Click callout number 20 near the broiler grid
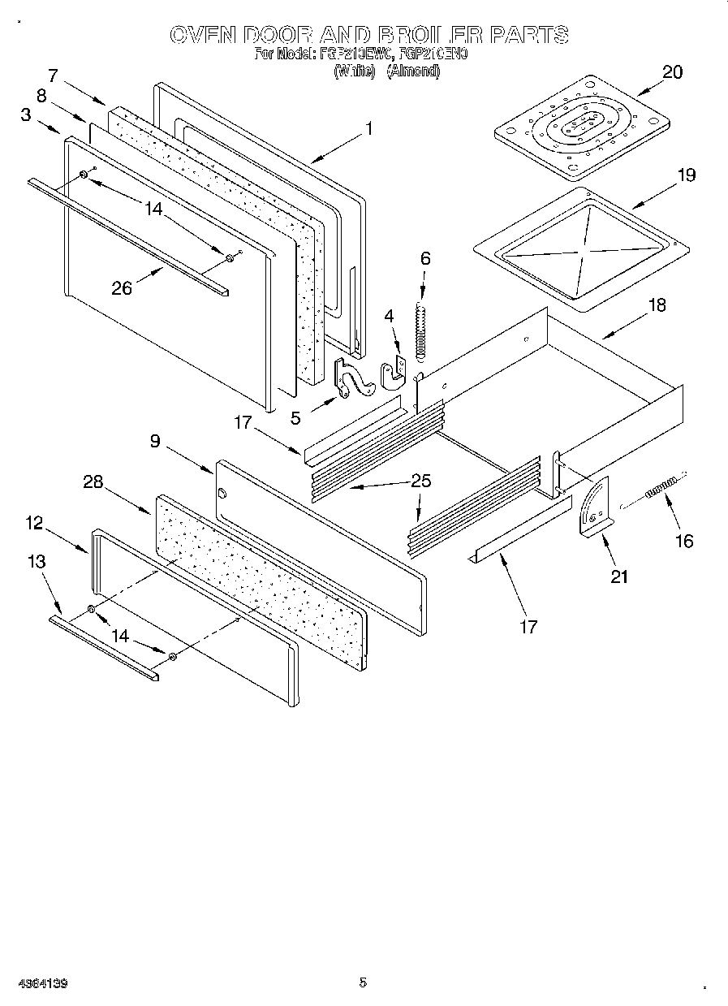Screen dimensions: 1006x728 coord(672,71)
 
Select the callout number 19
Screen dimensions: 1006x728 coord(686,175)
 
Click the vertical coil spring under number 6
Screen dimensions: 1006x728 coord(420,330)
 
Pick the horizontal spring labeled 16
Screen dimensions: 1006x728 coord(662,490)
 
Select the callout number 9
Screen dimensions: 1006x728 coord(154,441)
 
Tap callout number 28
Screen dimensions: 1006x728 coord(93,482)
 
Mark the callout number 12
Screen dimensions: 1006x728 coord(34,523)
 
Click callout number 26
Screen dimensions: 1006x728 coord(122,288)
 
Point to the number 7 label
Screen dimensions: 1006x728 coord(53,76)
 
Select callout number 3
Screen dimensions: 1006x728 coord(26,115)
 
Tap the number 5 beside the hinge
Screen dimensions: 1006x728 coord(295,418)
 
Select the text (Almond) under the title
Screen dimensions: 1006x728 coord(413,71)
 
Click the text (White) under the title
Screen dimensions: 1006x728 coord(354,71)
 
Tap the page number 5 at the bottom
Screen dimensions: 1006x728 coord(363,982)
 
